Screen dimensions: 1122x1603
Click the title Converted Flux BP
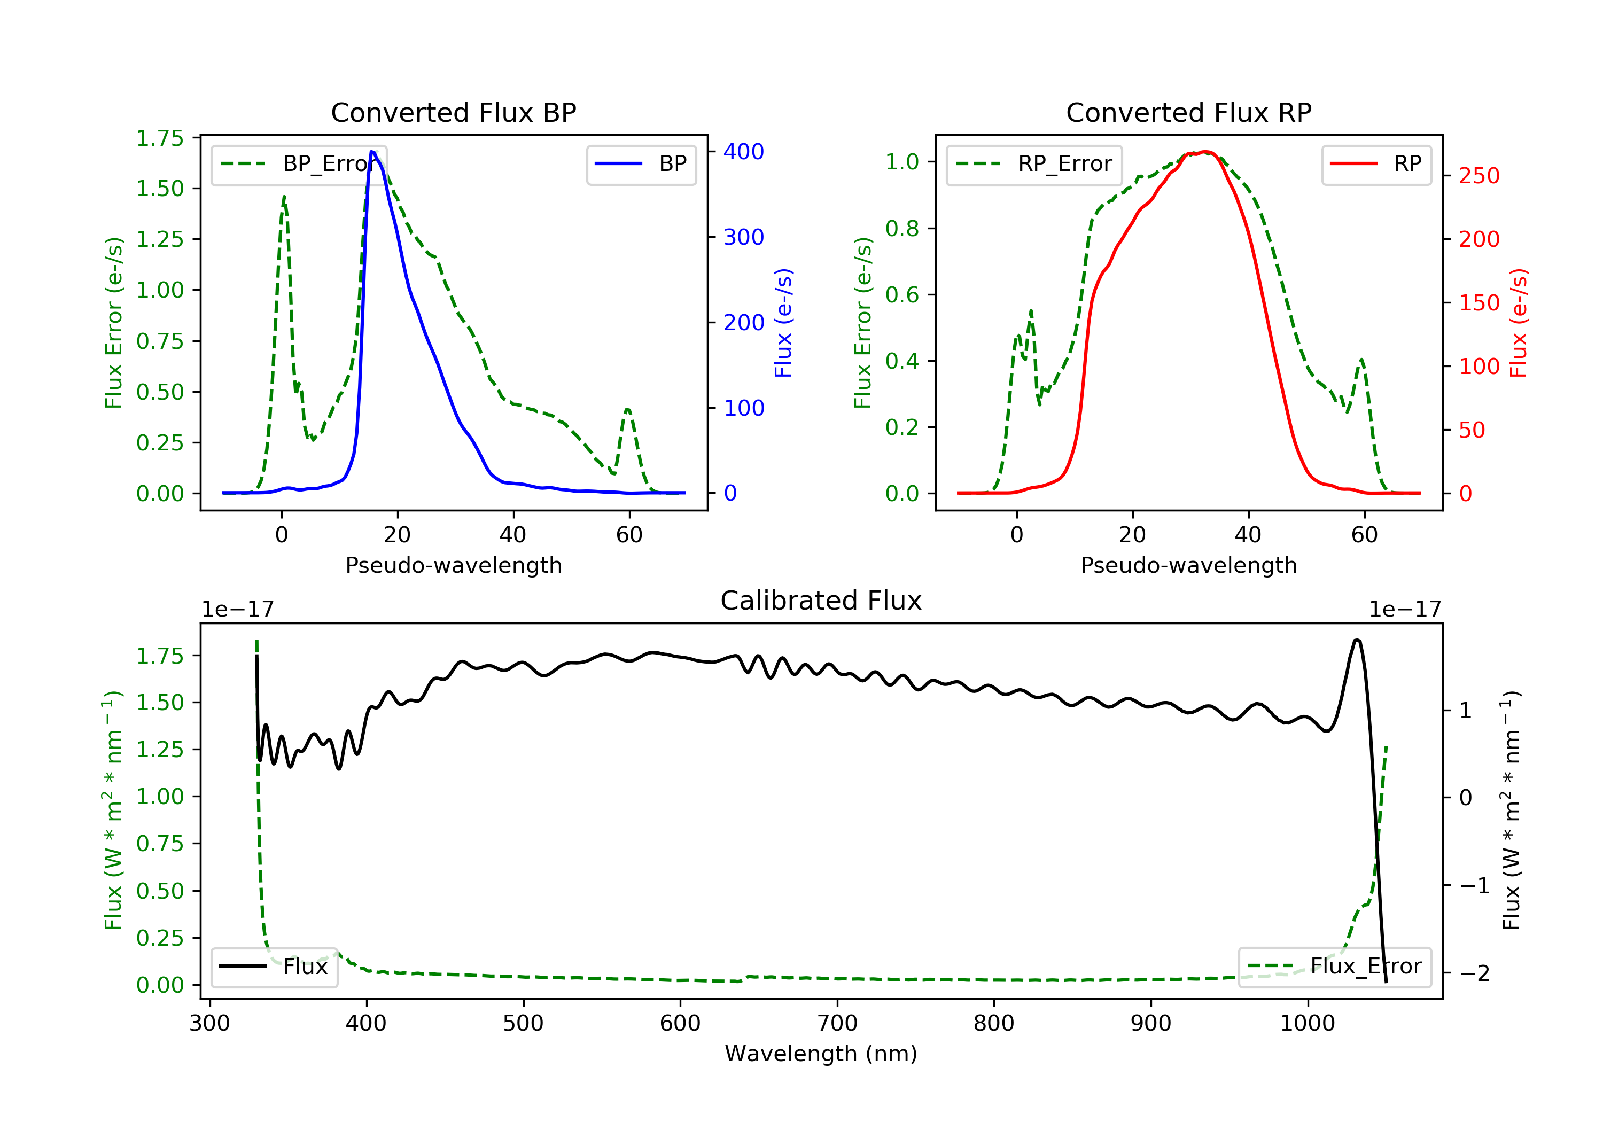(x=453, y=112)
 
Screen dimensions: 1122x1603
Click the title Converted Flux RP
(x=1188, y=112)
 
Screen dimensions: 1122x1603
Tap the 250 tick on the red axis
(x=1479, y=176)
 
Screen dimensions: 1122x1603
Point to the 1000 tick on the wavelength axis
(x=1307, y=1024)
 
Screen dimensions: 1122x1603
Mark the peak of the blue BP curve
(x=372, y=152)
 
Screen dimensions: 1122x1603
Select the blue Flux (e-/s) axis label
(x=783, y=323)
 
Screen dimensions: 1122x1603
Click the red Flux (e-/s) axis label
(x=1519, y=323)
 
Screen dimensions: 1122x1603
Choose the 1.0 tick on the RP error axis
(x=902, y=162)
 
